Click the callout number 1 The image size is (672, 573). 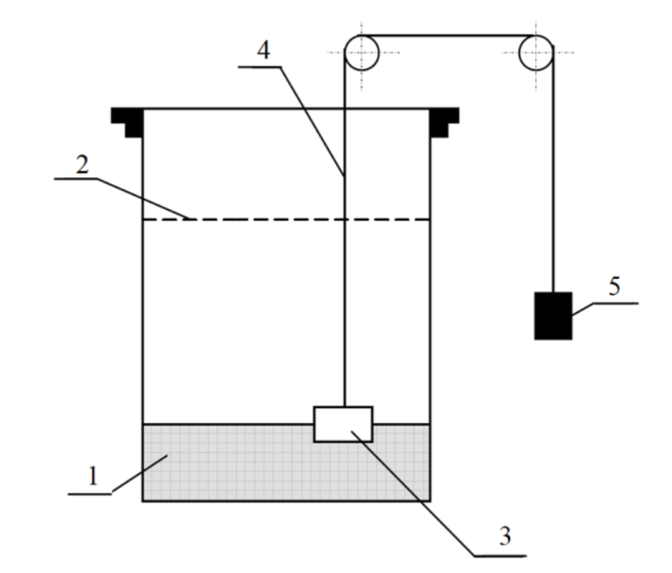[93, 476]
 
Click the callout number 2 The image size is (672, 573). [82, 165]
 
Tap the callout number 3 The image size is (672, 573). [506, 536]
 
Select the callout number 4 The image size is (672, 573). [264, 50]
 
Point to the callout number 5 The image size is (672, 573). [614, 286]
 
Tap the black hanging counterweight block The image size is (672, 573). [553, 316]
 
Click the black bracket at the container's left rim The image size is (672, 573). [128, 122]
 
